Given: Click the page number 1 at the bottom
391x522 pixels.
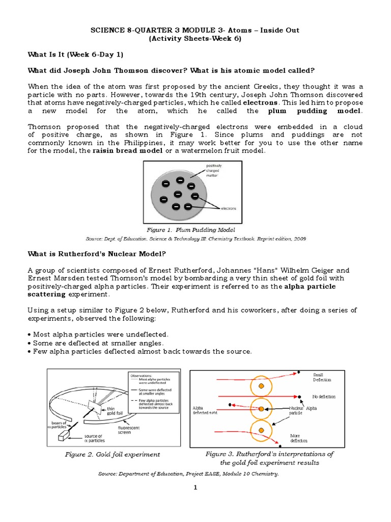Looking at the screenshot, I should point(194,488).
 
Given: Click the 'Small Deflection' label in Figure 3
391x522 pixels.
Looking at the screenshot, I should point(321,377).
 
